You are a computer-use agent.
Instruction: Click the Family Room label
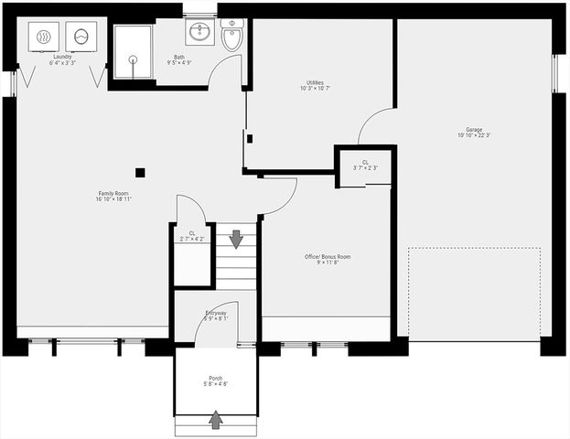pos(113,196)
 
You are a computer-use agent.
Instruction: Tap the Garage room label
pos(473,133)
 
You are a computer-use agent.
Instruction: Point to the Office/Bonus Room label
pos(327,260)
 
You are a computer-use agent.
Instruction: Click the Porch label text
pos(216,380)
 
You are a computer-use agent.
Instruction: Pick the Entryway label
pos(215,316)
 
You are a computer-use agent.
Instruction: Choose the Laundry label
pos(61,59)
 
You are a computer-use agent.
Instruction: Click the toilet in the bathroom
pos(231,37)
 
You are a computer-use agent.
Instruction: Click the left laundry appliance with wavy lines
pos(44,37)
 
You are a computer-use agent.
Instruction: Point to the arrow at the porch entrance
pos(216,420)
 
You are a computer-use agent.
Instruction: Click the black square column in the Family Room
pos(140,172)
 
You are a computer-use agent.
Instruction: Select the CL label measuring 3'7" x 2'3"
pos(364,165)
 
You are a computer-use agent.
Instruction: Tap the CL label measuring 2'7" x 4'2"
pos(192,236)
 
